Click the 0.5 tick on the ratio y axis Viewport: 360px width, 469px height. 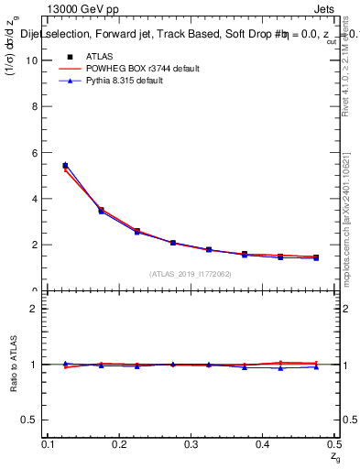point(34,420)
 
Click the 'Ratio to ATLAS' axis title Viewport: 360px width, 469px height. point(15,364)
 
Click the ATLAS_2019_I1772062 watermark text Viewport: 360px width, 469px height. point(191,274)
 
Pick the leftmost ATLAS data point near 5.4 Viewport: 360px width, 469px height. point(65,166)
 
